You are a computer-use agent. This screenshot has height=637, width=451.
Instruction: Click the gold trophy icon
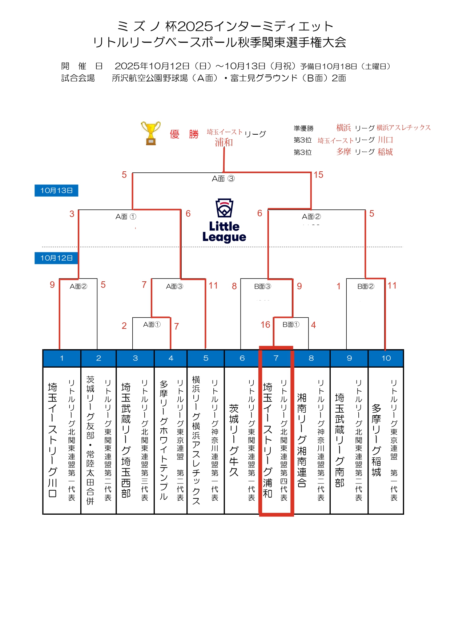pos(151,133)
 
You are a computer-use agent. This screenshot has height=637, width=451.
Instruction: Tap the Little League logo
pos(224,221)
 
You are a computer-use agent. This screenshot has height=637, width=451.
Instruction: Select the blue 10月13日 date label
pos(56,191)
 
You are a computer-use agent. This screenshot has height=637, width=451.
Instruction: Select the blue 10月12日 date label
pos(56,258)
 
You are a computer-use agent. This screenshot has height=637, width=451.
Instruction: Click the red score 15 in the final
pos(318,175)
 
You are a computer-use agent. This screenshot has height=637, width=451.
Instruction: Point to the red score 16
pos(265,324)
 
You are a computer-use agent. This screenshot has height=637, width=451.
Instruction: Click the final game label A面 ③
pos(223,179)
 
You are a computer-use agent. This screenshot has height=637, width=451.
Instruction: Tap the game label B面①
pos(291,324)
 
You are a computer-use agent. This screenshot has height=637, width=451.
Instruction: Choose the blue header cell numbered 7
pos(276,358)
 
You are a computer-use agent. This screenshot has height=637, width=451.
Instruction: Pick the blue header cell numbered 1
pos(62,358)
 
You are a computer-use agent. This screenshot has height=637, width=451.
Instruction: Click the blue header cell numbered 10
pos(386,358)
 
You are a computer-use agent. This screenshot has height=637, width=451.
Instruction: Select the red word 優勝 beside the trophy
pos(184,134)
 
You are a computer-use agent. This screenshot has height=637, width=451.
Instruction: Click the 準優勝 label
pos(303,128)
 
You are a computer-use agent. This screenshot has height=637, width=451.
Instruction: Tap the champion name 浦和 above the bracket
pos(224,142)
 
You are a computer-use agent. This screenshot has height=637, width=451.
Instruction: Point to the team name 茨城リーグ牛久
pos(234,440)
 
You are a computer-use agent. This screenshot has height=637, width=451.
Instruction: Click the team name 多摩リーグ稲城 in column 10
pos(376,440)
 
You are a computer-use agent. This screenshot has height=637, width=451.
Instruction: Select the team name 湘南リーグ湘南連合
pos(302,440)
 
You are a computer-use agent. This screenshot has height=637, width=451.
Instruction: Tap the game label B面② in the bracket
pos(366,286)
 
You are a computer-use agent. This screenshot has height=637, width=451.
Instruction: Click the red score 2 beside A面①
pos(124,326)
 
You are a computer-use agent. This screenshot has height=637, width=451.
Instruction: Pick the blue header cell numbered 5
pos(206,358)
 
